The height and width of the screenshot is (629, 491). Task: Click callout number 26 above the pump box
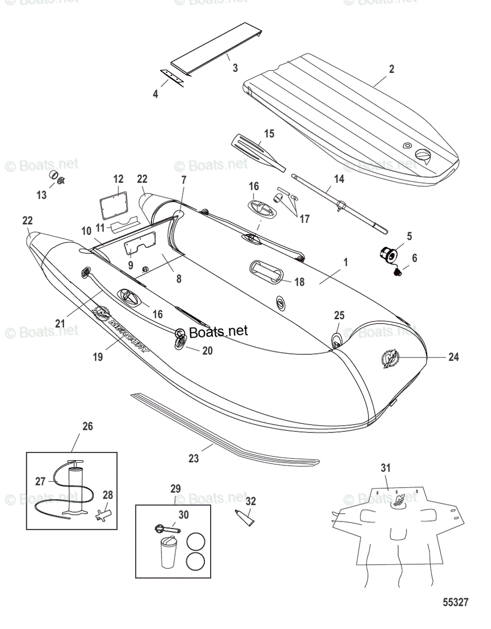pos(88,426)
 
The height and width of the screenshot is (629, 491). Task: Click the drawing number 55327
pos(454,602)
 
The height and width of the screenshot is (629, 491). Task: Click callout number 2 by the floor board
pos(391,69)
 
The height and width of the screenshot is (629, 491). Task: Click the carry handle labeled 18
pos(266,272)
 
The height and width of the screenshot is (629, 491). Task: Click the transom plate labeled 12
pos(114,209)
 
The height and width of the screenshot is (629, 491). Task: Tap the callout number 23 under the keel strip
pos(194,458)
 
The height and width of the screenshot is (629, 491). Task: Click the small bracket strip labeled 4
pos(171,77)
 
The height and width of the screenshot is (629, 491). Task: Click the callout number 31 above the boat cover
pos(385,468)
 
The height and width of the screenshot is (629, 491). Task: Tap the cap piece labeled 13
pos(53,175)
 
